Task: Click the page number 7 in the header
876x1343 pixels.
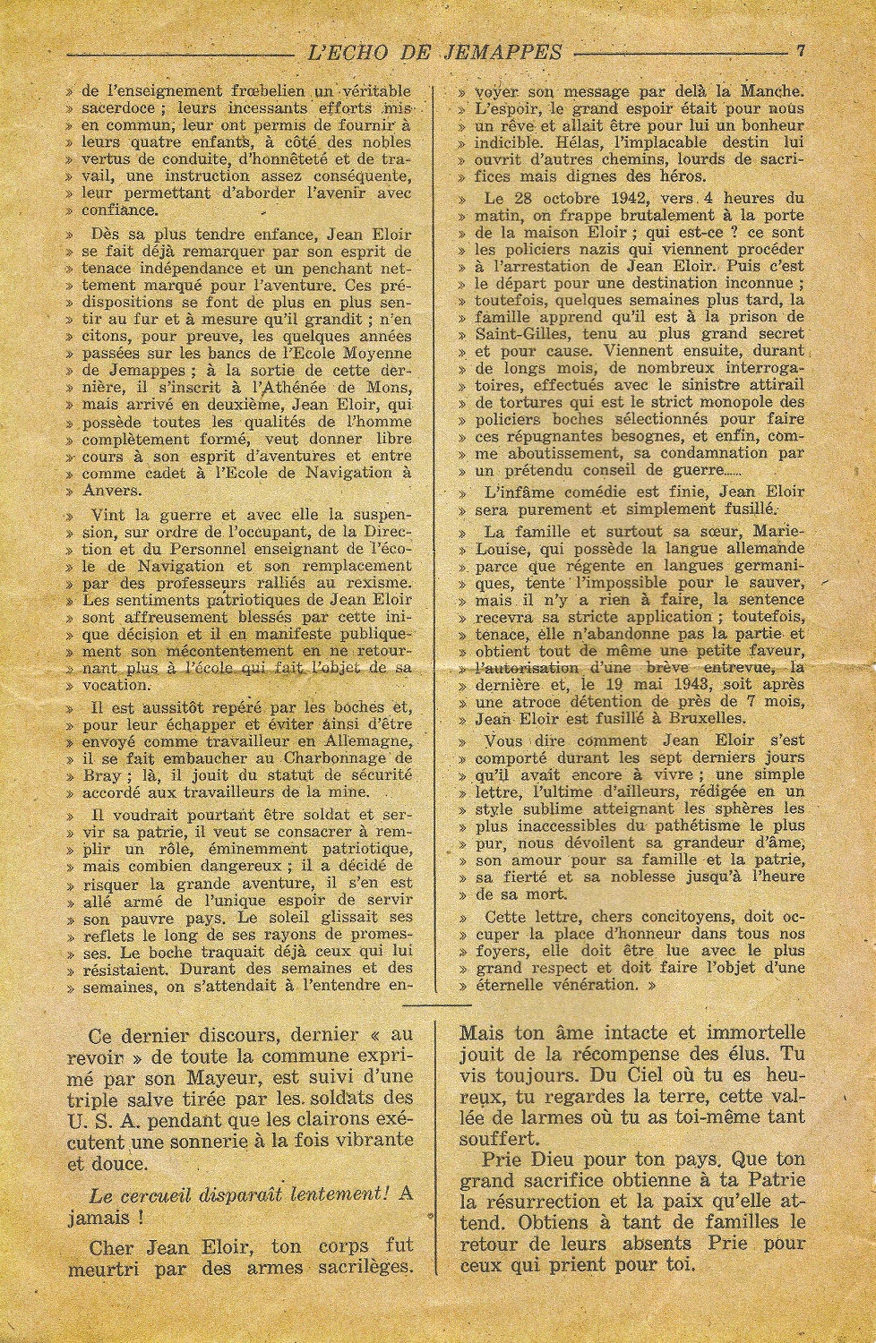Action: point(801,51)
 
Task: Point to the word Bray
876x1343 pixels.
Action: point(98,774)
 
